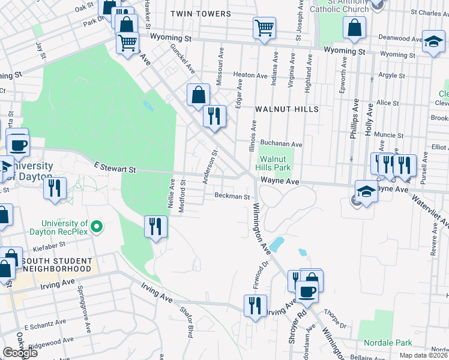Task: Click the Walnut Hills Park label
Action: [274, 164]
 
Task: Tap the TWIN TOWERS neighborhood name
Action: [200, 14]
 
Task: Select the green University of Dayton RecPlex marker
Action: [97, 227]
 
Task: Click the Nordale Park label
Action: [388, 343]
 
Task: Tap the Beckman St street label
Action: [232, 196]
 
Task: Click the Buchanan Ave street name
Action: [281, 144]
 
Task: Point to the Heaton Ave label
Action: [250, 76]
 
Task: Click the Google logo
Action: [20, 352]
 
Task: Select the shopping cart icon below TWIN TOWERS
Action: [264, 28]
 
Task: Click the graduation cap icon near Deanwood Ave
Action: [433, 41]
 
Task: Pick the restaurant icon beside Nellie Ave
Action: [155, 226]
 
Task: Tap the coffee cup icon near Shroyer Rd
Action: [307, 292]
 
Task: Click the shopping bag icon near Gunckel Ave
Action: [198, 95]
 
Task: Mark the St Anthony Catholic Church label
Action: [339, 6]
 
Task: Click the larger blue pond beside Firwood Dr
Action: [277, 244]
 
